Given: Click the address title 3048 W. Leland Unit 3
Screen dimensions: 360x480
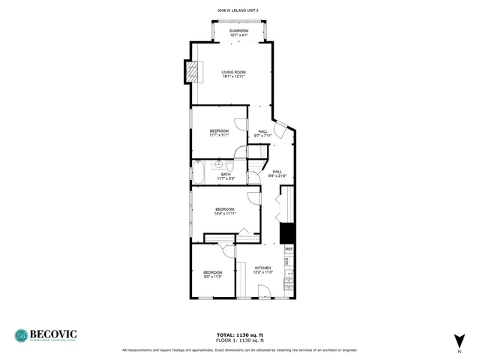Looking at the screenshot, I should click(x=238, y=10).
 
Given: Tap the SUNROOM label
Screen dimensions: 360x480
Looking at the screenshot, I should click(x=238, y=31).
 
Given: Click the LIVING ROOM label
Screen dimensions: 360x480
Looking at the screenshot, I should click(x=233, y=72).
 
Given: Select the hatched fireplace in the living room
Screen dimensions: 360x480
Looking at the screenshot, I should click(x=193, y=72).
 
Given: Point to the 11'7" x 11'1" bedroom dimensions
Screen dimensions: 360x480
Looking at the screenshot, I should click(x=219, y=136).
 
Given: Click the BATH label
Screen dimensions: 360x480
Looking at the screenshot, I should click(x=226, y=174).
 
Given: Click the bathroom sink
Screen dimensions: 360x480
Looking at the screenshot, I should click(x=220, y=163).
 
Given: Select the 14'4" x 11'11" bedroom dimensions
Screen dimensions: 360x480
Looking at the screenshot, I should click(x=225, y=214).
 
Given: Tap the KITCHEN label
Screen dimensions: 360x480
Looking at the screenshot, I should click(x=262, y=268).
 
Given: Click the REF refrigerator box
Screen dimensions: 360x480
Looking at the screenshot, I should click(x=288, y=249).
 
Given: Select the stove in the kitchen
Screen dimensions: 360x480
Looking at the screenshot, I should click(x=288, y=283).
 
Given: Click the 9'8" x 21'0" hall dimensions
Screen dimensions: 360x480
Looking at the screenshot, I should click(x=277, y=176).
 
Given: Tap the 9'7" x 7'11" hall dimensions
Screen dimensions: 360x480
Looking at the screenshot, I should click(x=262, y=136).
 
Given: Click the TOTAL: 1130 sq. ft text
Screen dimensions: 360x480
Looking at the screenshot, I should click(x=239, y=334).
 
